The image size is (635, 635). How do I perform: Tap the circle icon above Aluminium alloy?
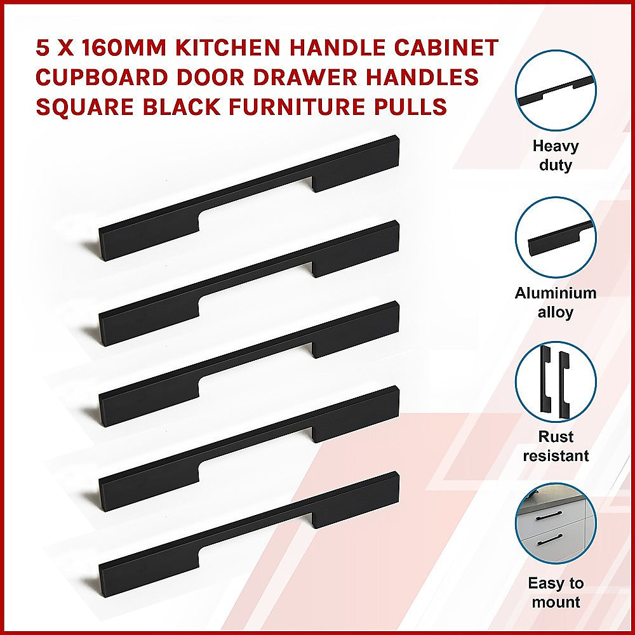555,237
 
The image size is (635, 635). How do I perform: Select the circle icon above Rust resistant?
555,382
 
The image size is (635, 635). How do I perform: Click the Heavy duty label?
555,156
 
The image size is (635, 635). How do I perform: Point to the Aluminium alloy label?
555,302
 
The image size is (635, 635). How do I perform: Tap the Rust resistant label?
555,446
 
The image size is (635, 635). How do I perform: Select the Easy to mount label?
555,592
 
